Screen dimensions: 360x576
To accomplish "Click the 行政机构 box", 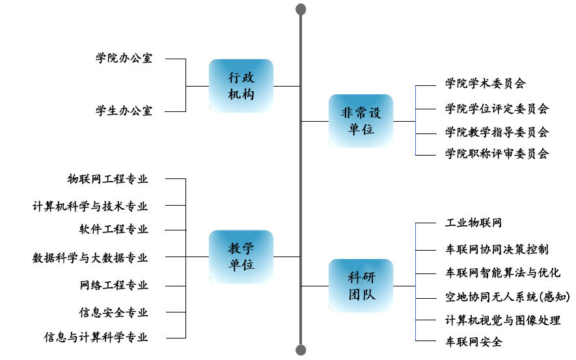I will click(241, 85).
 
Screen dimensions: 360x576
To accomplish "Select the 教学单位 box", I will click(241, 256).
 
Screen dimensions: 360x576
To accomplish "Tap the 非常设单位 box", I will click(361, 120).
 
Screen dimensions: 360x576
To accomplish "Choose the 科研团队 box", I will click(361, 286).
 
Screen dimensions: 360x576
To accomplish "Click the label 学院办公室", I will click(124, 58).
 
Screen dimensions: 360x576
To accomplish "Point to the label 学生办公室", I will click(124, 111).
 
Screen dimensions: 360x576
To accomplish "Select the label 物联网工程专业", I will click(107, 179).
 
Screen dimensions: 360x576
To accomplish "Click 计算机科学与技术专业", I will click(90, 206).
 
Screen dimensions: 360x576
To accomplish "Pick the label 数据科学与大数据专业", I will click(90, 258).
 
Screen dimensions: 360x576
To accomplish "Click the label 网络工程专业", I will click(113, 285).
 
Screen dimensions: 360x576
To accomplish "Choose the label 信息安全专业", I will click(113, 312).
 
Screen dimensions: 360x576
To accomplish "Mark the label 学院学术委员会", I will click(485, 83).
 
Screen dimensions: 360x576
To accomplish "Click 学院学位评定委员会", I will click(497, 108).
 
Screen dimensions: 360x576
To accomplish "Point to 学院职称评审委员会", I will click(497, 154).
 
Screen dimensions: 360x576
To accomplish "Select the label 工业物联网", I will click(473, 223).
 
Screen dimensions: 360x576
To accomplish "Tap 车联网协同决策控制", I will click(497, 249).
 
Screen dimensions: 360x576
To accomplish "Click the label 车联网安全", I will click(473, 341).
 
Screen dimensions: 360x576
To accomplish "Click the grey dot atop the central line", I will click(301, 9).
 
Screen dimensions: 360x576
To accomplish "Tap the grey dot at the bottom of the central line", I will click(301, 350).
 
